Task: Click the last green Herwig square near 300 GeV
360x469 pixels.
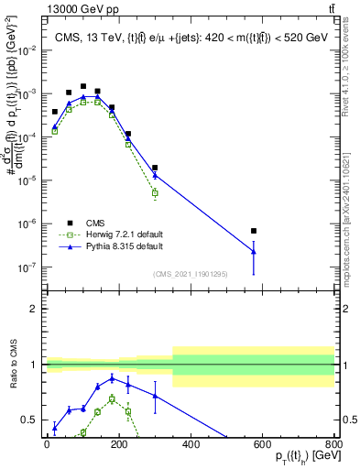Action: click(x=155, y=193)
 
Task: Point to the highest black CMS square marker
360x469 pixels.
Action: click(x=83, y=86)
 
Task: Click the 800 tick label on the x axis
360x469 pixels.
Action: click(x=333, y=444)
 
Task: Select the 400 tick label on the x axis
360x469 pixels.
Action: click(x=191, y=444)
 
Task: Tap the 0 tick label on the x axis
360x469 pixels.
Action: click(x=47, y=444)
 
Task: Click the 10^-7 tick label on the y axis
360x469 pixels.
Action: click(x=30, y=267)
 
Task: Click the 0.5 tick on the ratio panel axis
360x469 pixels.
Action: click(x=34, y=420)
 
